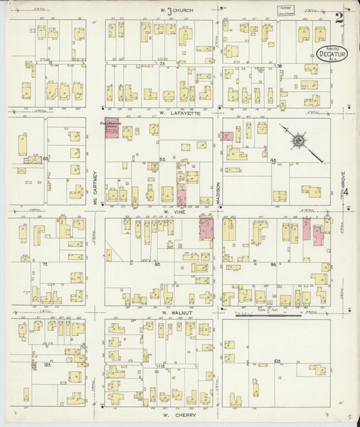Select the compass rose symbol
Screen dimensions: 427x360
[x=297, y=142]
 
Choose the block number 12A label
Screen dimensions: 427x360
[x=47, y=365]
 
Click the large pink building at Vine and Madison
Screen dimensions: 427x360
[x=205, y=228]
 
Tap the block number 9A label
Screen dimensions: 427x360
[x=274, y=264]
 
